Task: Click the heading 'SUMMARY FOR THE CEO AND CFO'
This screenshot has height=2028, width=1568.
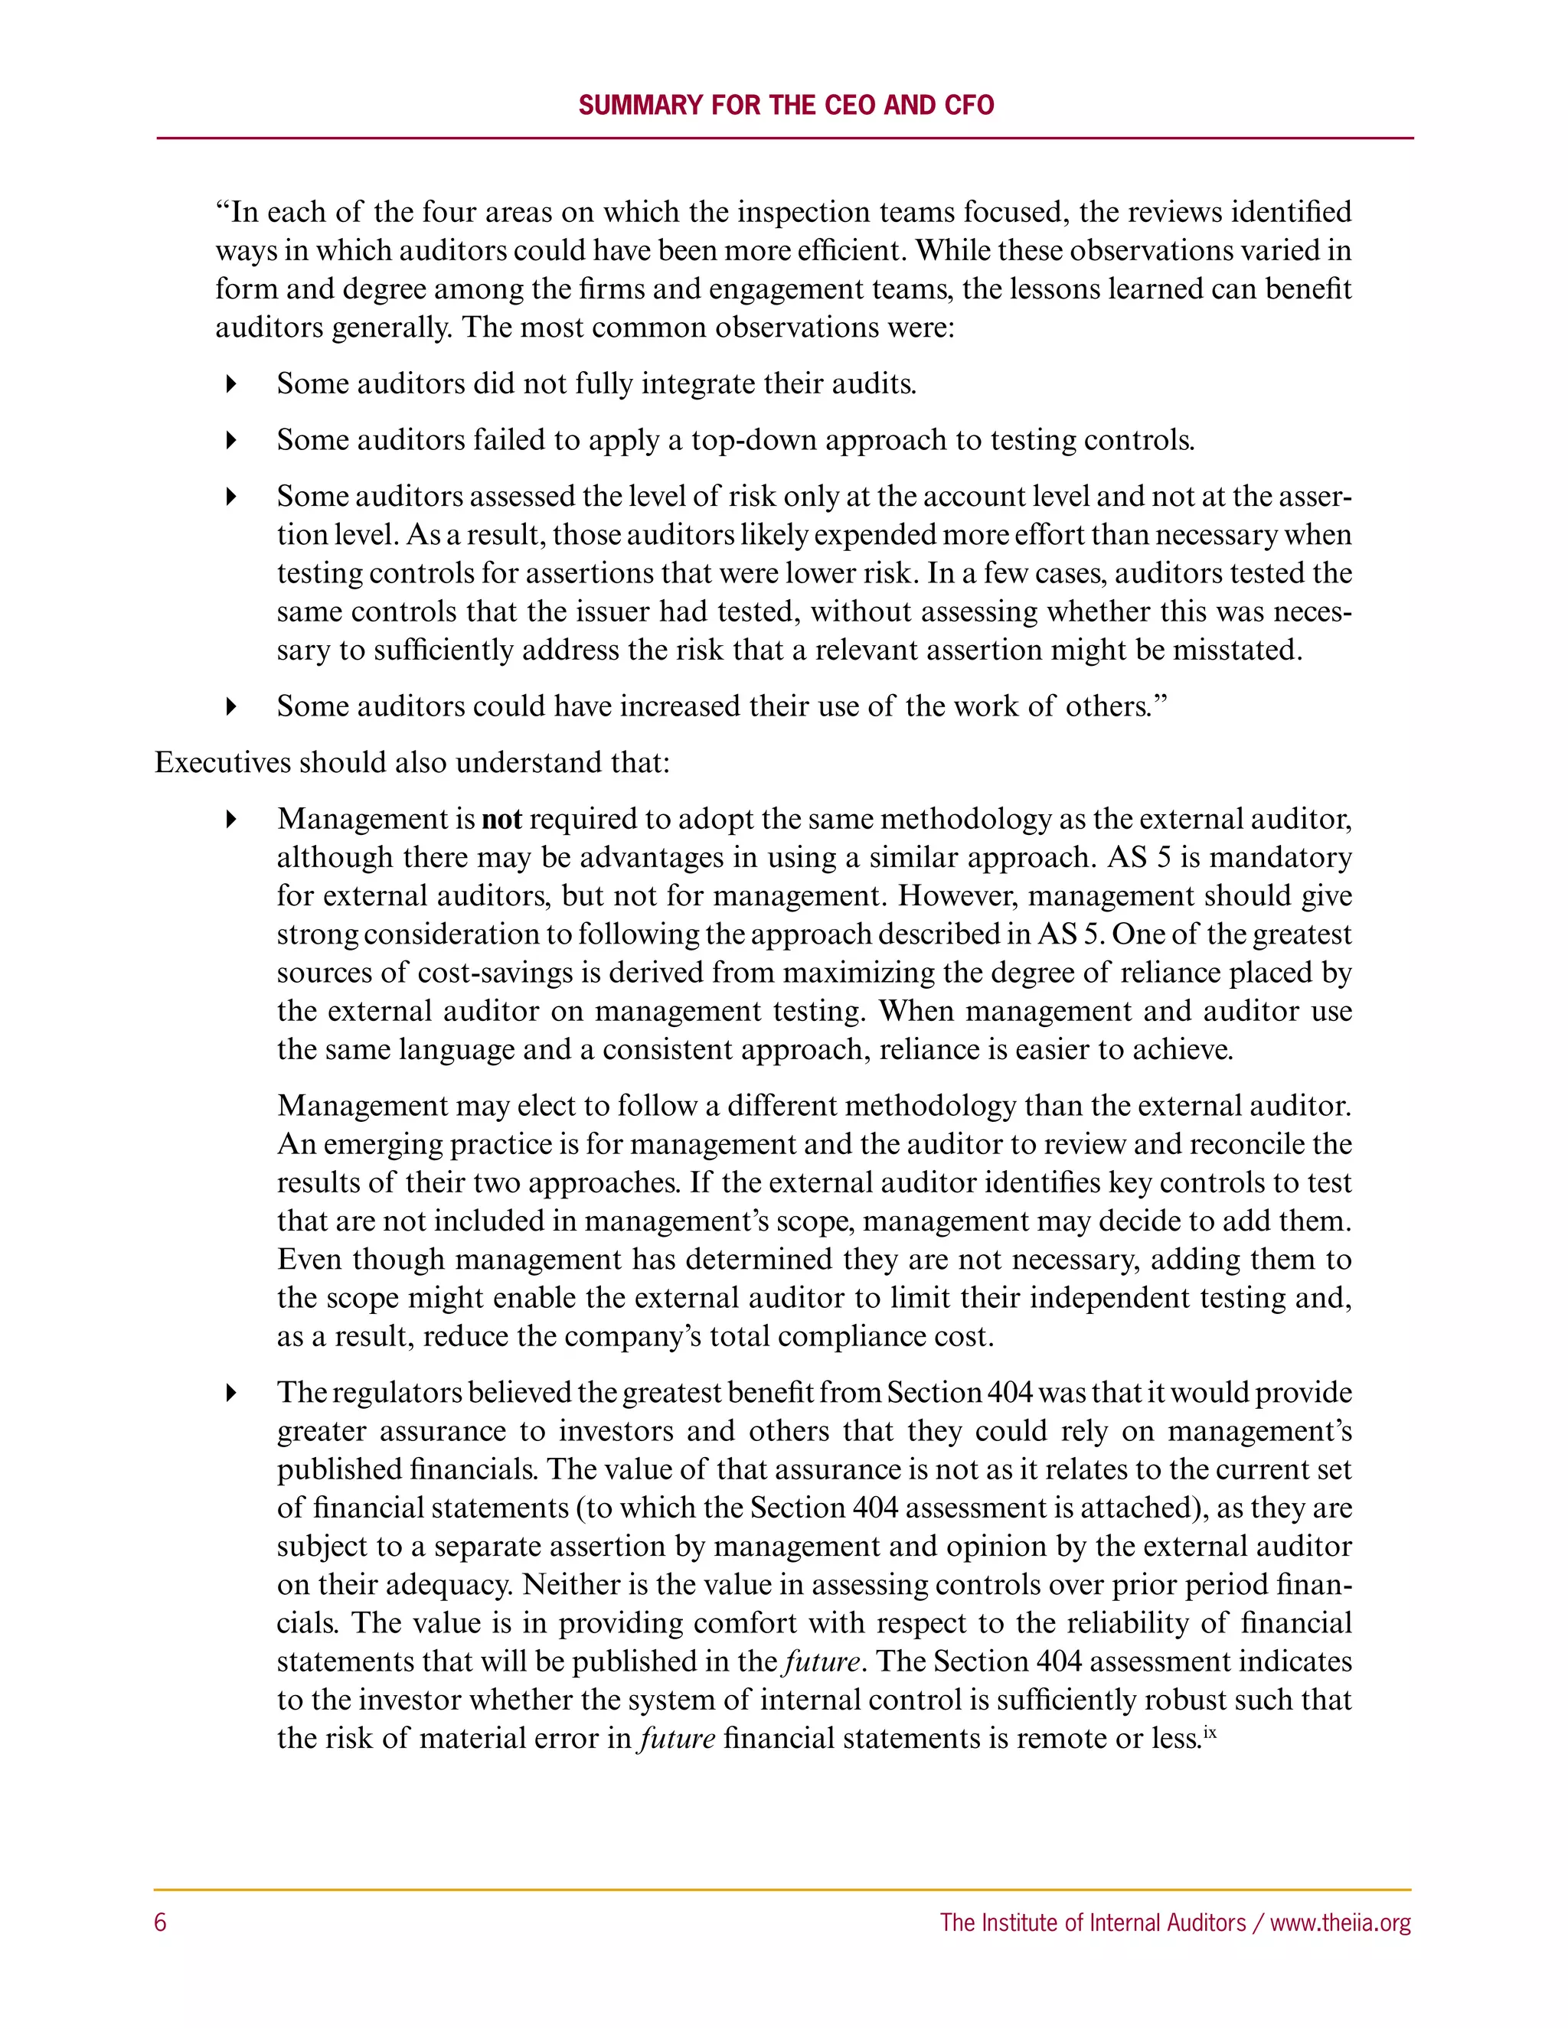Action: pos(786,105)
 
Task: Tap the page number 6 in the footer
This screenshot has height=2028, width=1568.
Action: pos(161,1922)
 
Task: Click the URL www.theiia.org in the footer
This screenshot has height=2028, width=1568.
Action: pos(1340,1922)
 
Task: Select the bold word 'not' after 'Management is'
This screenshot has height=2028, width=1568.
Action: pos(501,819)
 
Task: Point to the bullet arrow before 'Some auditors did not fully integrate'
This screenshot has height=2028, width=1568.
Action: pos(231,384)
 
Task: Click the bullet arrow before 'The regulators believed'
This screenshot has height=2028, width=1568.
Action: pos(231,1393)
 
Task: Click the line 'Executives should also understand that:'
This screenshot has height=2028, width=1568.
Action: pos(411,762)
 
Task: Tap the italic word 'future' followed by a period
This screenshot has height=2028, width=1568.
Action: pos(822,1661)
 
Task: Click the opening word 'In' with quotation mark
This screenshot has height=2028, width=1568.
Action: pos(237,213)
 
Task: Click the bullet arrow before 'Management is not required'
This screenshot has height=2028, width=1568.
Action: pos(231,819)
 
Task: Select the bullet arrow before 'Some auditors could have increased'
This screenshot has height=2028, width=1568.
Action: pos(231,706)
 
